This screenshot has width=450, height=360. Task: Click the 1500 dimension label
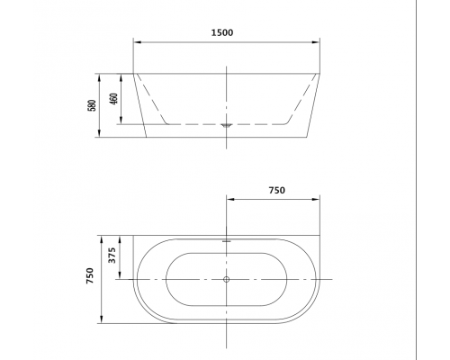[222, 32]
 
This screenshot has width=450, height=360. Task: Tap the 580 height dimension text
[93, 105]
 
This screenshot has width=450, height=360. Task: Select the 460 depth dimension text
[114, 99]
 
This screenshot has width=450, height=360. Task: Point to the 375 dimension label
[112, 256]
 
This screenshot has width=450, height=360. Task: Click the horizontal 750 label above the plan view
[276, 191]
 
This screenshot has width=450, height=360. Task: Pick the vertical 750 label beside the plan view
[90, 275]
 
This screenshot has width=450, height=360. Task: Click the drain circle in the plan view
[226, 280]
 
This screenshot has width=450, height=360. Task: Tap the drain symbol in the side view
[226, 125]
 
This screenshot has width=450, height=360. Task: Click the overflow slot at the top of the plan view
[226, 240]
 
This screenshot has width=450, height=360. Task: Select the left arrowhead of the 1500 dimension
[137, 42]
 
